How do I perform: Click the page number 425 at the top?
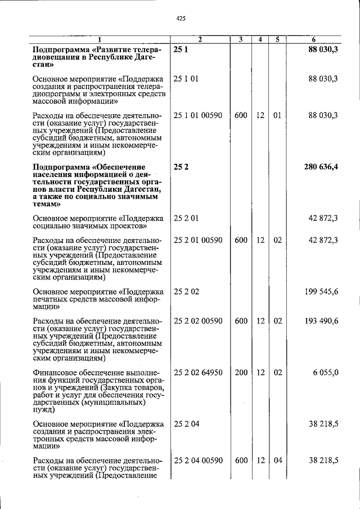pyautogui.click(x=181, y=18)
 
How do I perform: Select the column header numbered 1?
pyautogui.click(x=100, y=39)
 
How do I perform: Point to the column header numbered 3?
pyautogui.click(x=240, y=39)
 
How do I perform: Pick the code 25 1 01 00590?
pyautogui.click(x=198, y=115)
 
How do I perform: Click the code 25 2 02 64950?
pyautogui.click(x=198, y=372)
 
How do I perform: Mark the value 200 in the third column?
pyautogui.click(x=241, y=372)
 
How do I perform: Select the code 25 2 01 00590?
pyautogui.click(x=198, y=240)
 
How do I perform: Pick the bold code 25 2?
pyautogui.click(x=180, y=167)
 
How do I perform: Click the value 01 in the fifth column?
pyautogui.click(x=277, y=115)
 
